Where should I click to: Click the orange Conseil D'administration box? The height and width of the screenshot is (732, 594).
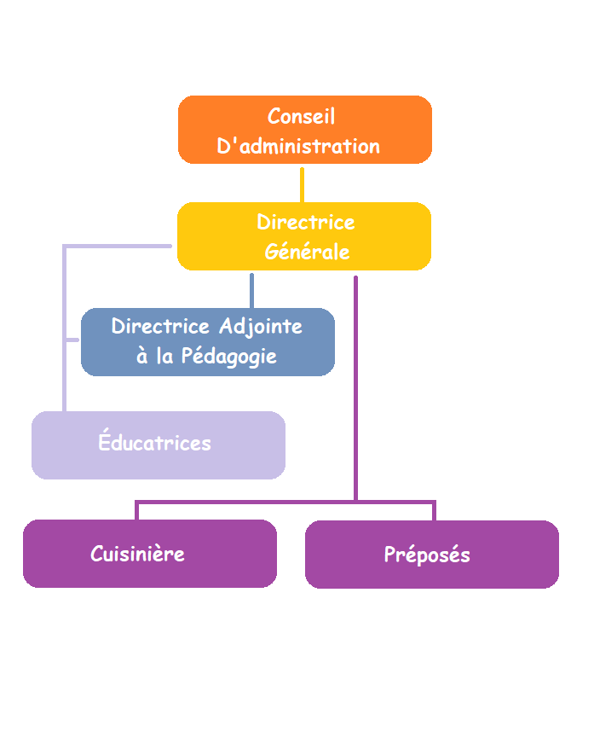point(305,130)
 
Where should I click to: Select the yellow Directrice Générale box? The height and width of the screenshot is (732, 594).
point(304,236)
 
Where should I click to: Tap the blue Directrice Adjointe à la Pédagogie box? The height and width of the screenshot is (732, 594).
point(207,342)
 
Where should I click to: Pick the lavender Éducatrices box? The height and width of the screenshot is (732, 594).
point(159,445)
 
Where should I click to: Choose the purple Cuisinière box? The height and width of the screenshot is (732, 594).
point(150,554)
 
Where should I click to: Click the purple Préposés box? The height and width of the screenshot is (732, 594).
point(432,555)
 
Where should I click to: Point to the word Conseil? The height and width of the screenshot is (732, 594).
point(301,116)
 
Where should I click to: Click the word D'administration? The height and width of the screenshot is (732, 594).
point(298,146)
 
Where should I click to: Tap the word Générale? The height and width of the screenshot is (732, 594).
point(308,252)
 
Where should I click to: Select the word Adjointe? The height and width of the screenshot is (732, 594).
point(261,327)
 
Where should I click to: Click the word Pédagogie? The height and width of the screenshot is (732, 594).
point(229,357)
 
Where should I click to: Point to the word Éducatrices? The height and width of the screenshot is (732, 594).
point(154,441)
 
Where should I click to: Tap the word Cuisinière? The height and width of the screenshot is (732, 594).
point(137,555)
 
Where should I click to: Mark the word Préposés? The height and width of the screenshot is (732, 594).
point(427,555)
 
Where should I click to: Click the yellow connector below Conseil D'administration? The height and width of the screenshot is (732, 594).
point(303,185)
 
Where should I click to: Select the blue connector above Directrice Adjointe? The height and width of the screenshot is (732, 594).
point(251,290)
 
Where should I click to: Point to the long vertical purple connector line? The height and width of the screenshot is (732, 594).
point(355,388)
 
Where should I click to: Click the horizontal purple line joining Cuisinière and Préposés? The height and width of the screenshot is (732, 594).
point(285,503)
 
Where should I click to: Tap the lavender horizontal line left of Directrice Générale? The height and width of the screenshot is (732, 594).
point(117,246)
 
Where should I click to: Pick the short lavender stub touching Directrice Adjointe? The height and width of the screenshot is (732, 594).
point(72,340)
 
